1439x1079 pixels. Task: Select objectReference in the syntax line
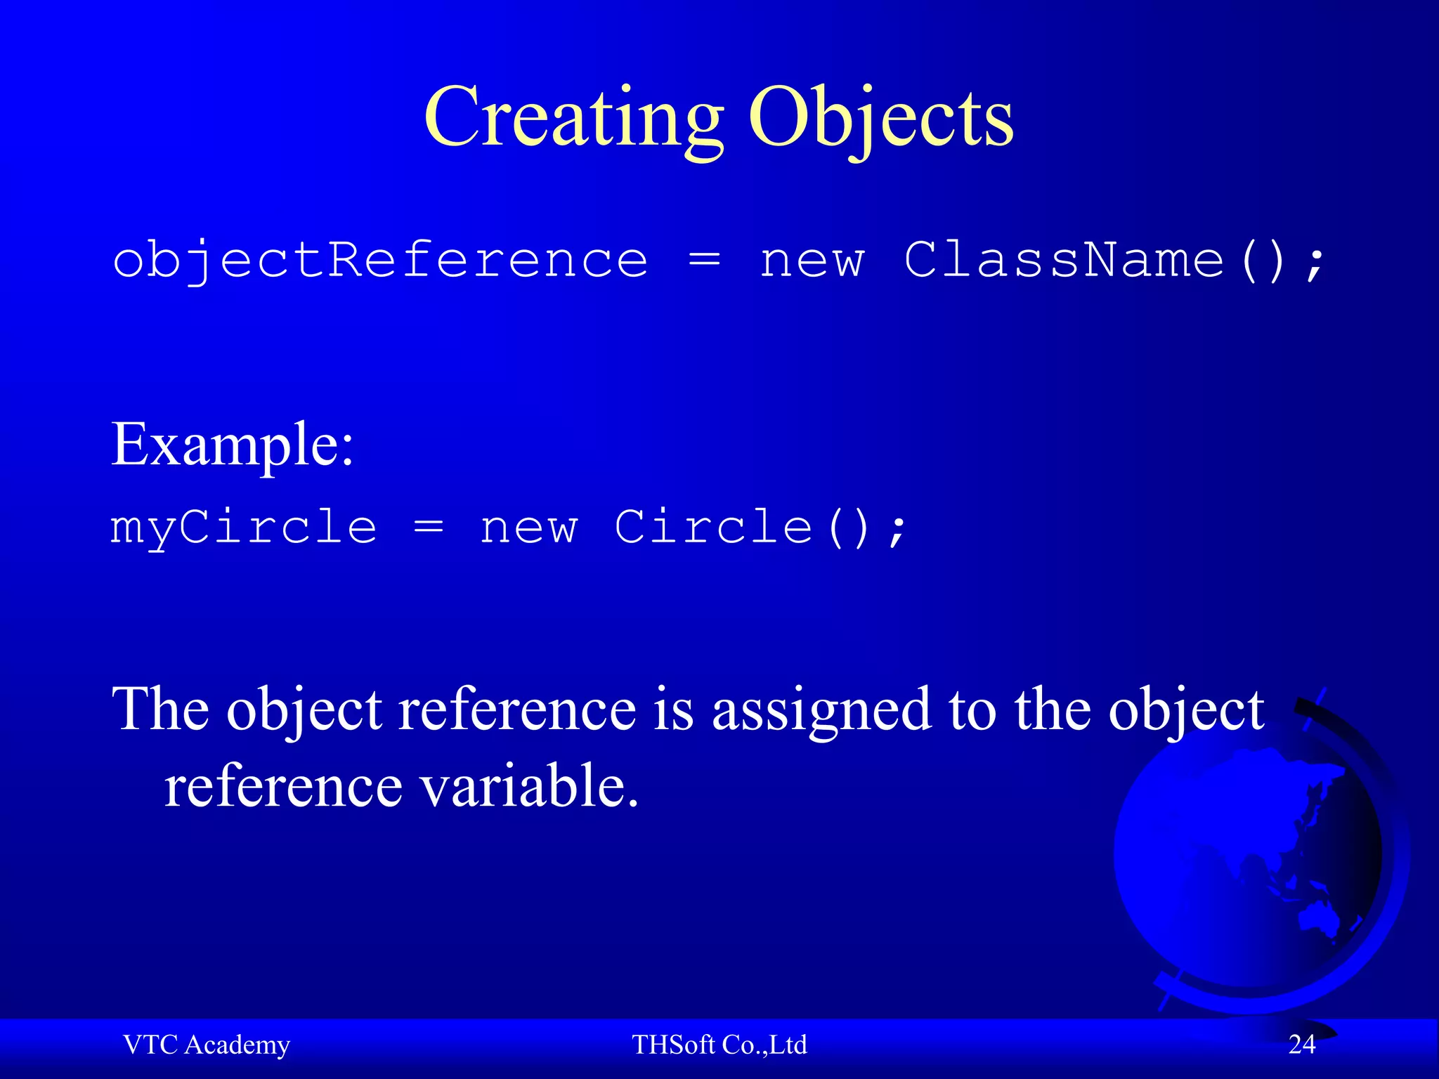pos(380,261)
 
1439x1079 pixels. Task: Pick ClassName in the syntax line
pos(1064,260)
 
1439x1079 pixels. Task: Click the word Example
pos(232,444)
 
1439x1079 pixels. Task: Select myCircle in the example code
pos(244,528)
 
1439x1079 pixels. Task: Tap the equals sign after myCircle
pos(428,528)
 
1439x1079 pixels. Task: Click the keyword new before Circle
pos(528,528)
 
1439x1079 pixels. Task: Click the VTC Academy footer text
pos(207,1045)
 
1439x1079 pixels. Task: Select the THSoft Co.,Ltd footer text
pos(719,1045)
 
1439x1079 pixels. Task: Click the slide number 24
pos(1301,1045)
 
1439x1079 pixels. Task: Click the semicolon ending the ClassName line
pos(1314,264)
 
